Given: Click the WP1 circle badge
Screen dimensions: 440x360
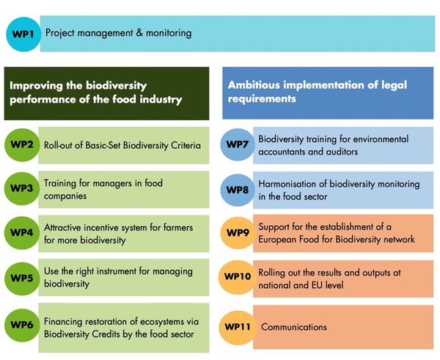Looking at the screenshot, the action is click(x=23, y=34).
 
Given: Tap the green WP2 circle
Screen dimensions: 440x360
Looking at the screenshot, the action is click(x=22, y=144).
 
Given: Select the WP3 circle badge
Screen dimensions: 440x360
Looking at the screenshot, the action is click(x=22, y=188).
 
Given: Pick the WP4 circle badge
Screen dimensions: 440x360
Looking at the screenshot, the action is click(x=22, y=232).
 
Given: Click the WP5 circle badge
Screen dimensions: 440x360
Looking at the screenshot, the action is click(x=22, y=278).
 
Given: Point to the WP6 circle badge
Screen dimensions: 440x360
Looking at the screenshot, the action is click(x=22, y=325).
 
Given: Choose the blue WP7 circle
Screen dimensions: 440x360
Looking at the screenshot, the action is click(x=238, y=144).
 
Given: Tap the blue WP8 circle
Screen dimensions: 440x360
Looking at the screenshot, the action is click(x=238, y=190).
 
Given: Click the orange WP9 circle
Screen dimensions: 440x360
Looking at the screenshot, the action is click(x=238, y=233).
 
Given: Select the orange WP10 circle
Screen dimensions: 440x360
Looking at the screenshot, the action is click(x=238, y=277).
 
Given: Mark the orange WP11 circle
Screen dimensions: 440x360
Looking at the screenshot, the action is click(x=238, y=328).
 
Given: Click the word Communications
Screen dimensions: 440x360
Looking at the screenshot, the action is click(x=294, y=327).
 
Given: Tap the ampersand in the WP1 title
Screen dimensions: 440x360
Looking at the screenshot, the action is click(x=139, y=33).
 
